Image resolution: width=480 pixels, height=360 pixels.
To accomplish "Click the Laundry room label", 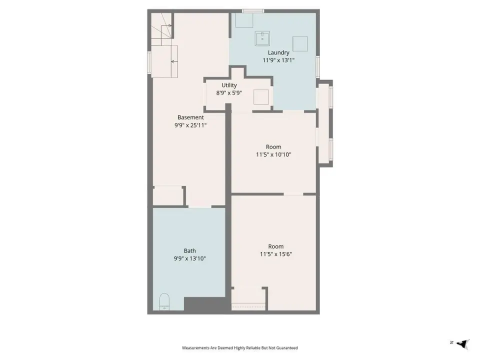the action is [x=278, y=52].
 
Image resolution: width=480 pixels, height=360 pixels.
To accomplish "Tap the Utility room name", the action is [x=229, y=85].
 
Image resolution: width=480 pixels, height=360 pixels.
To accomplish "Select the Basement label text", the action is [x=190, y=117].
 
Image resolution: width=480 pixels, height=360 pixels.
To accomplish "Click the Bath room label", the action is [x=190, y=250].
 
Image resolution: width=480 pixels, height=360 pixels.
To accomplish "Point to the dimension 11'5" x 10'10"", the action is [x=273, y=154].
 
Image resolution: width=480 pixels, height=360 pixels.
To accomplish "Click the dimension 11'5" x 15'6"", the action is [x=276, y=254].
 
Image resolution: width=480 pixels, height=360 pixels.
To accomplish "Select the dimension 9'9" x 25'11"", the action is [x=190, y=125].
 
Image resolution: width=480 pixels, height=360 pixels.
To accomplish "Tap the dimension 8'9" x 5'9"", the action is [x=229, y=93].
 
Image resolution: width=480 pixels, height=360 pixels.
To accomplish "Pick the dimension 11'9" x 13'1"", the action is [x=278, y=60].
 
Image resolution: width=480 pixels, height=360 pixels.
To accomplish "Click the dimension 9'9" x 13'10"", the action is [x=190, y=258].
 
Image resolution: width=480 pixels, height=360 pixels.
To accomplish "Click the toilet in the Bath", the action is [x=164, y=302].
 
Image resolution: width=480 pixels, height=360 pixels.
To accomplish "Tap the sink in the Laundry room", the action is [x=262, y=38].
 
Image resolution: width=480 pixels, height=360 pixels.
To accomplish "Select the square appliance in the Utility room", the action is [x=261, y=97].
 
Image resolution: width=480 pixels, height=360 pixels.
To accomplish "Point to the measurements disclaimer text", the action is [x=240, y=348].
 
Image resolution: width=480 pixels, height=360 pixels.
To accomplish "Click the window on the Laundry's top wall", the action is [x=253, y=11].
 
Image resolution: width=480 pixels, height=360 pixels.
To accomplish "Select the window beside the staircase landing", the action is [x=149, y=62].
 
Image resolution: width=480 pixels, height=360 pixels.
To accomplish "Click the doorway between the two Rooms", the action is [x=293, y=194].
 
